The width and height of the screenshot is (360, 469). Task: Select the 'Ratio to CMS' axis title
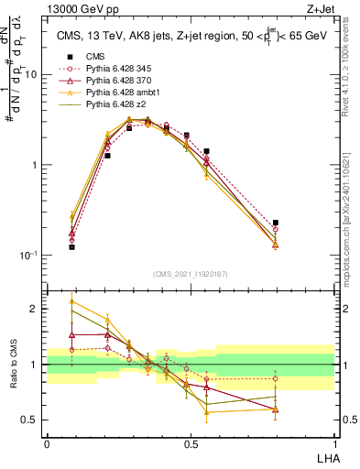[13, 376]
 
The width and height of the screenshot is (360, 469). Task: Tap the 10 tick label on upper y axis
[31, 75]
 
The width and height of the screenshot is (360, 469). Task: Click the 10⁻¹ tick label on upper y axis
[28, 254]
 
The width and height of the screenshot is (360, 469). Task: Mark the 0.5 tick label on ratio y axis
[31, 420]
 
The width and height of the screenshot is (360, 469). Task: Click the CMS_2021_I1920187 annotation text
[191, 273]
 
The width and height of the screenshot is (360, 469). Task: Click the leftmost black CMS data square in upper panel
[71, 247]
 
